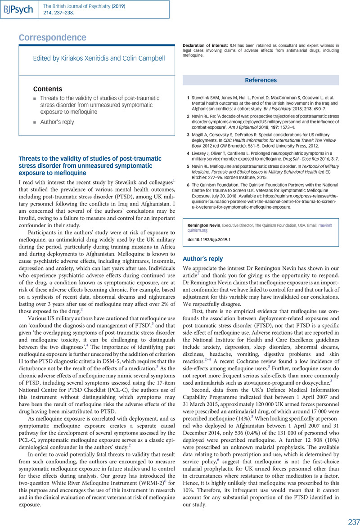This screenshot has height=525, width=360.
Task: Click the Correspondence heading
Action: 52,37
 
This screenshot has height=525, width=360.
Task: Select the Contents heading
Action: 48,89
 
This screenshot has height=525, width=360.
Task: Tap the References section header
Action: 261,80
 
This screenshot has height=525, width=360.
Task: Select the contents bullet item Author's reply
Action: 57,122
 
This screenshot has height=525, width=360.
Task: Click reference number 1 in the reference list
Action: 188,97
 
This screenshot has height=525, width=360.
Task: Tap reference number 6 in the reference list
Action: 188,184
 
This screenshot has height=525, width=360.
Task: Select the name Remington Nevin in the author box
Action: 205,224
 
